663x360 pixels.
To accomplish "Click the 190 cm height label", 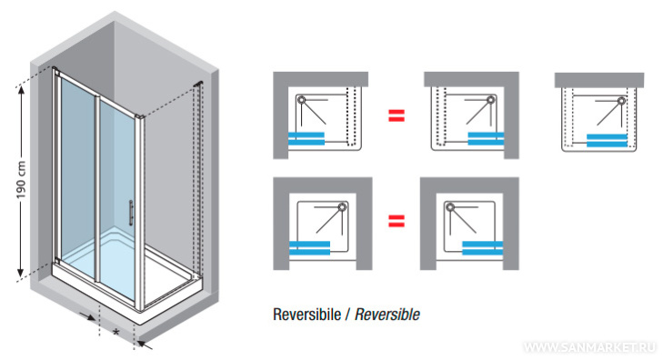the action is pos(21,180).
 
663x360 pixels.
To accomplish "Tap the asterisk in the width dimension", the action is pos(116,333).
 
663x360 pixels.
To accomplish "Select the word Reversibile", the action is pos(307,315).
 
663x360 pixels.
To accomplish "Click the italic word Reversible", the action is pos(387,315).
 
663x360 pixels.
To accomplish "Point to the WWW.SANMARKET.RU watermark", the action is pos(590,347).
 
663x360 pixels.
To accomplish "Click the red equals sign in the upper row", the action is pos(397,115).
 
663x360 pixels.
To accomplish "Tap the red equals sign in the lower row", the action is pos(397,221).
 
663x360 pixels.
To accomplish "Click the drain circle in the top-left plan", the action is pos(301,100).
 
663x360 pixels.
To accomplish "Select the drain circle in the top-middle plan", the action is pos(490,100).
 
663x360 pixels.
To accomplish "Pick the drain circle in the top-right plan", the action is pos(621,101).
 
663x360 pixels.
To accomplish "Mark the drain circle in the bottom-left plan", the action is pos(342,207).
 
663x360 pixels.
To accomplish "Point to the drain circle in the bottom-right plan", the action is pos(450,207).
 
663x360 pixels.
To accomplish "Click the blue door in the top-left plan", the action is pos(306,139).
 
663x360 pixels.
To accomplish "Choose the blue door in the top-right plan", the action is pos(607,140).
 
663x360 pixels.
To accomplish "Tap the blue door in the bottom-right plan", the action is pos(482,248).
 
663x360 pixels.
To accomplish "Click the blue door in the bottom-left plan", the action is pos(309,248).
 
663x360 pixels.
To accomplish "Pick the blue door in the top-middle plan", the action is pos(486,139).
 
